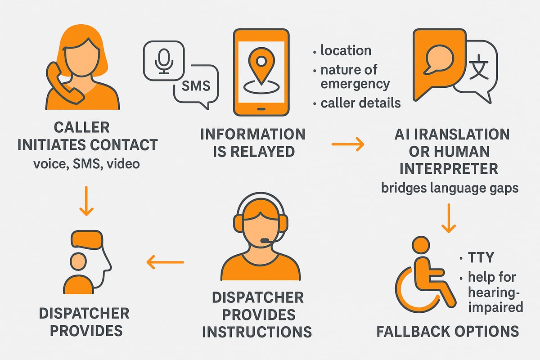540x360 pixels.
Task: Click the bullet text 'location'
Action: pyautogui.click(x=346, y=50)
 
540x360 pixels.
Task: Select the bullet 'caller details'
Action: pyautogui.click(x=360, y=103)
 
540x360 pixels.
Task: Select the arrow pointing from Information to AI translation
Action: pyautogui.click(x=347, y=144)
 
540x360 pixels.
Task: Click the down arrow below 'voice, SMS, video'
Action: pyautogui.click(x=85, y=204)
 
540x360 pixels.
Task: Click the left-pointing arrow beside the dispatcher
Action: pyautogui.click(x=166, y=262)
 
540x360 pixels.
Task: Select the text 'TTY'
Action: pyautogui.click(x=481, y=258)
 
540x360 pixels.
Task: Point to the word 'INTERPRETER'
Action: pyautogui.click(x=449, y=169)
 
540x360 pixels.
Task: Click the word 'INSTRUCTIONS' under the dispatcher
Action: pyautogui.click(x=256, y=332)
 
